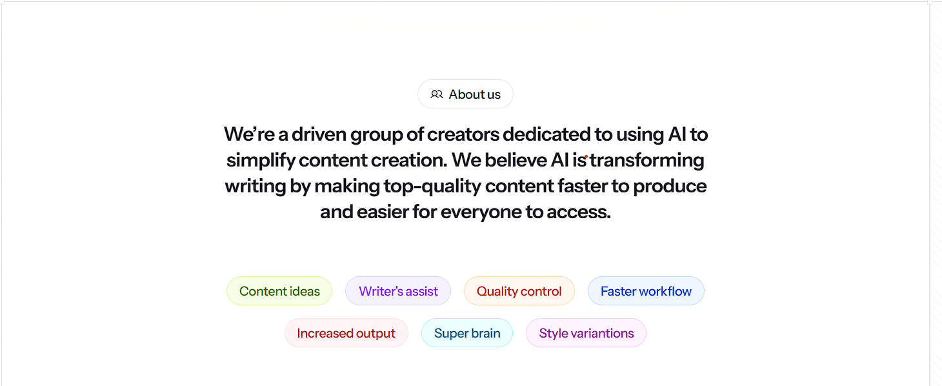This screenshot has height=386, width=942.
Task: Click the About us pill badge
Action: pyautogui.click(x=465, y=94)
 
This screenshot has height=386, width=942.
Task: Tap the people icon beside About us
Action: pyautogui.click(x=437, y=94)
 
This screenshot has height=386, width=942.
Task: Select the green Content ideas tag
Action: pyautogui.click(x=279, y=291)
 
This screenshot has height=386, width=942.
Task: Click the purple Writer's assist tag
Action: pyautogui.click(x=398, y=291)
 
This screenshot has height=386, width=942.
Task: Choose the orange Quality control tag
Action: pyautogui.click(x=519, y=291)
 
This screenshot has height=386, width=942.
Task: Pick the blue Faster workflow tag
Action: pyautogui.click(x=646, y=291)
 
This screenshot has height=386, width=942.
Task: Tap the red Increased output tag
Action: pyautogui.click(x=346, y=333)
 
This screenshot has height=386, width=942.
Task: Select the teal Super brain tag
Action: pyautogui.click(x=466, y=333)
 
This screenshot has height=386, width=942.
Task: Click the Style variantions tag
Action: pyautogui.click(x=586, y=333)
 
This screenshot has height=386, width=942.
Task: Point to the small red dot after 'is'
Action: pyautogui.click(x=586, y=157)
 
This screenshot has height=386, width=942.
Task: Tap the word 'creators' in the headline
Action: pyautogui.click(x=463, y=135)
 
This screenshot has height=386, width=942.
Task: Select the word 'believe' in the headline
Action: pyautogui.click(x=516, y=160)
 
